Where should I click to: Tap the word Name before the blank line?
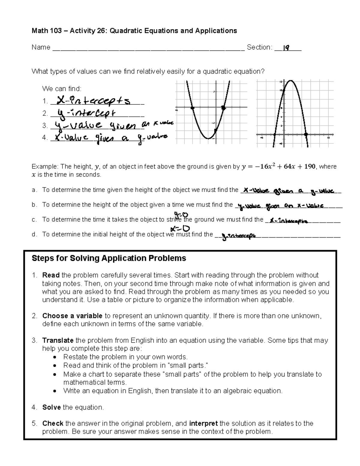tap(41, 47)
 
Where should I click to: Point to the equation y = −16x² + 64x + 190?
tap(278, 167)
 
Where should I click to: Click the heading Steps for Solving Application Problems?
tap(109, 258)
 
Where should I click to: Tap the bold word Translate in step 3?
tap(58, 340)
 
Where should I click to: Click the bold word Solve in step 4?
tap(52, 407)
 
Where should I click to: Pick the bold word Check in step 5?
tap(53, 423)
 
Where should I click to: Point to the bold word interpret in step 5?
tap(203, 423)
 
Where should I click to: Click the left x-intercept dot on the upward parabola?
tap(192, 107)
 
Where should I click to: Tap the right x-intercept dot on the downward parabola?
tap(306, 135)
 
